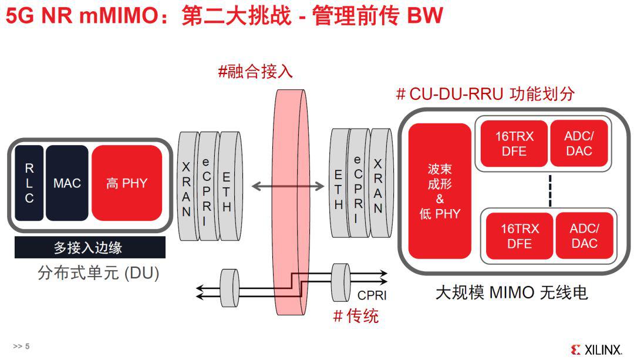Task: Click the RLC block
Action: (x=29, y=183)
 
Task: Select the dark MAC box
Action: (x=67, y=183)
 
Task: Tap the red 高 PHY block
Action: (x=126, y=183)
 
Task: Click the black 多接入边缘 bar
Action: (x=89, y=247)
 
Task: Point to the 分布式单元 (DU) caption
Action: (x=98, y=273)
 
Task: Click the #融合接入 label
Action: (x=255, y=72)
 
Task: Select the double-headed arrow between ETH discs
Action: (x=288, y=186)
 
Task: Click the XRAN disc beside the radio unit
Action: (x=379, y=185)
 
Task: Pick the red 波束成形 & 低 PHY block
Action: (x=440, y=191)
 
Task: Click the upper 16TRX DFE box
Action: (x=514, y=144)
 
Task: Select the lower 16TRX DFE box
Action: (x=519, y=235)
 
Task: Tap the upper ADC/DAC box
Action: (x=579, y=144)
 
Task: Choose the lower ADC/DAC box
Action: (x=584, y=235)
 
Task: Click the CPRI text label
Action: (x=372, y=295)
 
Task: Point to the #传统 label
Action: (x=356, y=316)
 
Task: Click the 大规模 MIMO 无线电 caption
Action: (x=511, y=292)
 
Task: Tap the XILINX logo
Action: (x=596, y=350)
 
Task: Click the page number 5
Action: (x=27, y=346)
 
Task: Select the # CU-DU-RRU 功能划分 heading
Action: (x=485, y=93)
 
